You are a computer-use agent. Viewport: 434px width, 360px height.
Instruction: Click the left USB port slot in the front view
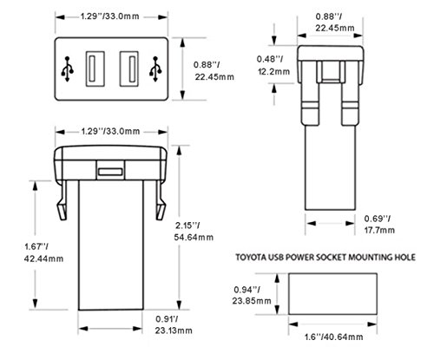pos(95,69)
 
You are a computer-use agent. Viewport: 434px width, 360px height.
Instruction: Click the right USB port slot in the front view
pos(129,69)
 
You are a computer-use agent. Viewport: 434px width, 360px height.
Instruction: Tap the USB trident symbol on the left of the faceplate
pos(68,69)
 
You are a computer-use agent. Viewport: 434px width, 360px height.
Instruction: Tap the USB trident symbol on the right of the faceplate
pos(155,69)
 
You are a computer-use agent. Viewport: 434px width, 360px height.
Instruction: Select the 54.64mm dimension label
pos(194,237)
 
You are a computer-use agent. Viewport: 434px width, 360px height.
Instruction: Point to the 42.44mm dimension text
pos(43,259)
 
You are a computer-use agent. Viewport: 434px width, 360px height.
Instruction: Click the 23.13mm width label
pos(174,331)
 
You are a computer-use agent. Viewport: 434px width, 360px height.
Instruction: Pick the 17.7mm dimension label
pos(379,230)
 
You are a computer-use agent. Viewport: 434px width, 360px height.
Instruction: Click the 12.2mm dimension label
pos(273,71)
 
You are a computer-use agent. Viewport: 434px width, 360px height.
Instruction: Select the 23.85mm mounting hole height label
pos(252,301)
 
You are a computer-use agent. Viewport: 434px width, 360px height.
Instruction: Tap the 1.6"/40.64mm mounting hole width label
pos(333,337)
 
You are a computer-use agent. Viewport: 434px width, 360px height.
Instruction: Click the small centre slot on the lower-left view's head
pos(110,172)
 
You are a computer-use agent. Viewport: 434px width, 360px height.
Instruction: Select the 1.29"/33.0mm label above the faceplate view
pos(109,16)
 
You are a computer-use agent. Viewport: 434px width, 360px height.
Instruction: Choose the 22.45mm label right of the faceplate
pos(214,77)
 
